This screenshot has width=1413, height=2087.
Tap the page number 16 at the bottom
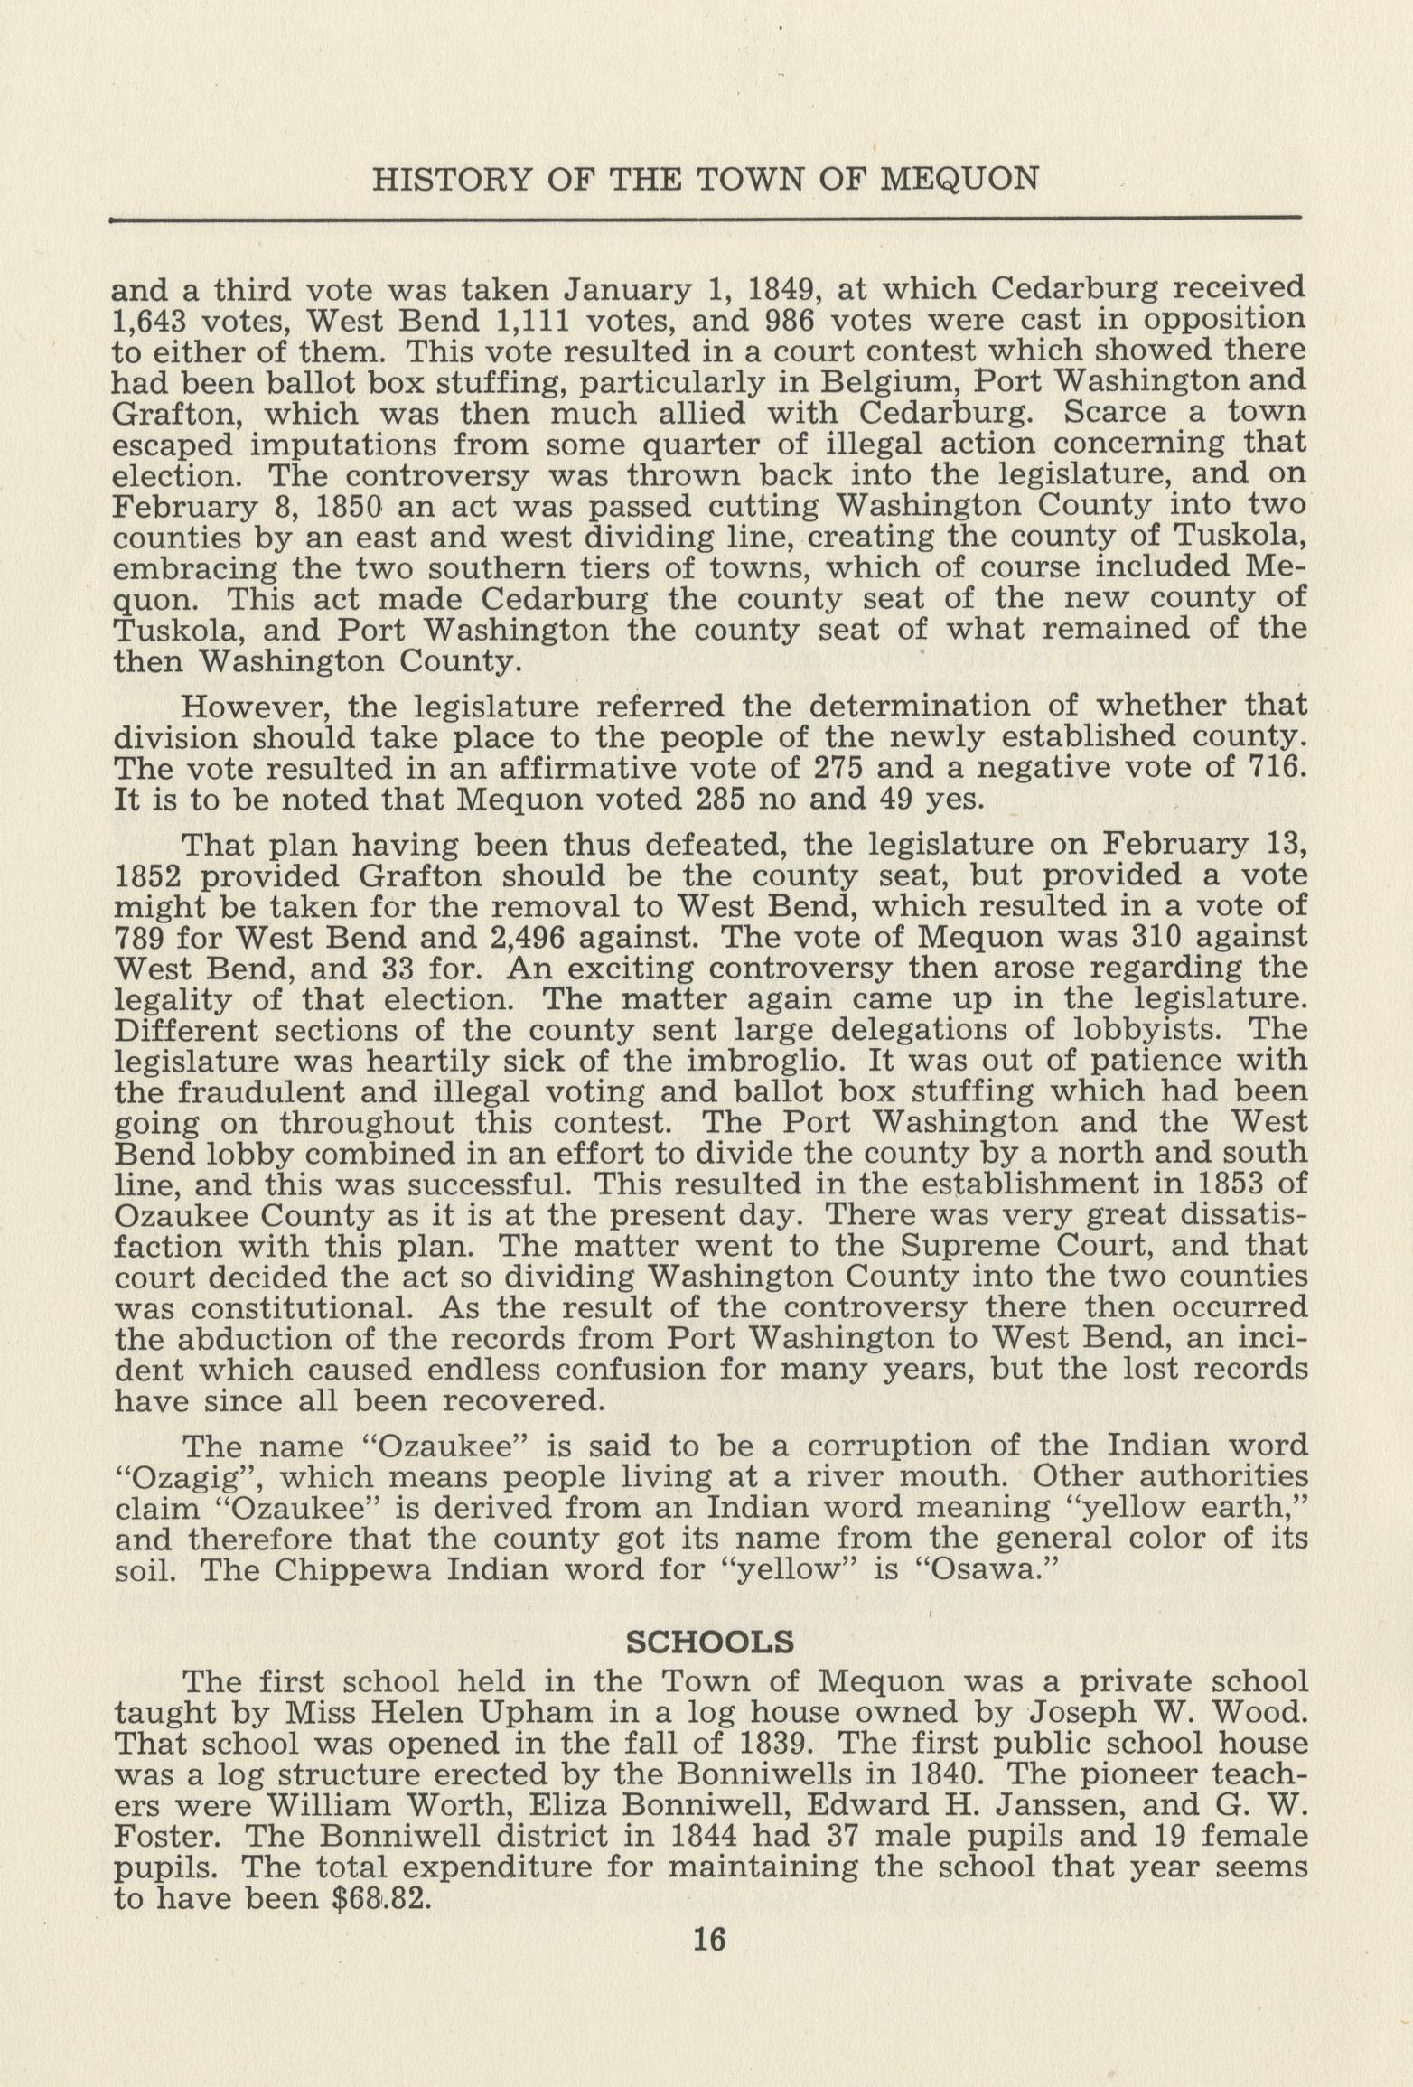click(708, 1939)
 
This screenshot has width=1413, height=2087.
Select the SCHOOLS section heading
click(709, 1640)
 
